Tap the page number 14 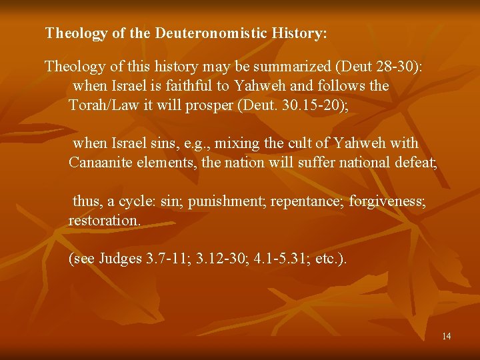click(x=446, y=336)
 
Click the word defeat click(x=415, y=162)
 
